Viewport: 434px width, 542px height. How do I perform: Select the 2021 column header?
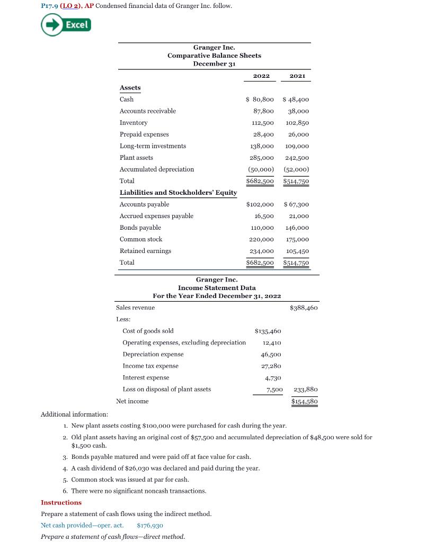point(297,76)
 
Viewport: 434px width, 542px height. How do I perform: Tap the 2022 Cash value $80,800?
point(260,100)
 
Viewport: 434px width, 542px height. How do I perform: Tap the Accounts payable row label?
point(144,204)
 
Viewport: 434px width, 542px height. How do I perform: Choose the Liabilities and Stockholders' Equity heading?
point(178,193)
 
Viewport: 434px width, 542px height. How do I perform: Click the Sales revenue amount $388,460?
point(304,308)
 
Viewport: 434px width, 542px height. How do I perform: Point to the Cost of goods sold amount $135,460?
point(268,331)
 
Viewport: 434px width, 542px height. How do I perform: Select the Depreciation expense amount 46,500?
point(270,354)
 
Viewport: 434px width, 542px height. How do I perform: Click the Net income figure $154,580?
point(304,401)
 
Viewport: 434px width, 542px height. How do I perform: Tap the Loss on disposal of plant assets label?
point(166,390)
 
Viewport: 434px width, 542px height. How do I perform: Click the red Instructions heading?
point(61,502)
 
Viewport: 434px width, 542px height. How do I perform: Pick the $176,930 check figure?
point(150,526)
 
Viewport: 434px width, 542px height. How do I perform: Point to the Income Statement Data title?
point(217,287)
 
